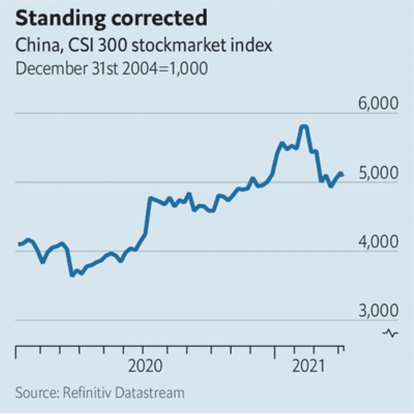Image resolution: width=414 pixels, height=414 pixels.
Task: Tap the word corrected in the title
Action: coord(159,18)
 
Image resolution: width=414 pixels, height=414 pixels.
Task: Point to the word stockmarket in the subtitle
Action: coord(179,45)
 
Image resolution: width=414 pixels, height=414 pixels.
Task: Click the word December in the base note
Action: coord(51,68)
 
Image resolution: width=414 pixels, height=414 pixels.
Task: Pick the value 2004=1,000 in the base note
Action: coord(165,68)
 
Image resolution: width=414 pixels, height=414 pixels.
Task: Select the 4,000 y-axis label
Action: coord(378,241)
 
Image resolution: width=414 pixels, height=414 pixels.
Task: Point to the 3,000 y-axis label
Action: coord(378,310)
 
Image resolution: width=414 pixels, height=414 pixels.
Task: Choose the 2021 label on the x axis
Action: coord(309,366)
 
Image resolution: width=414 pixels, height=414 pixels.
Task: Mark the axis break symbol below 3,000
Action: coord(391,333)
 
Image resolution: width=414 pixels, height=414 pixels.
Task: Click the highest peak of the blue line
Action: coord(304,127)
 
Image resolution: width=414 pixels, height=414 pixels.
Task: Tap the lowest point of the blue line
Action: coord(72,275)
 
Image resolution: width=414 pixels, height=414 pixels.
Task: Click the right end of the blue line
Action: coord(342,175)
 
